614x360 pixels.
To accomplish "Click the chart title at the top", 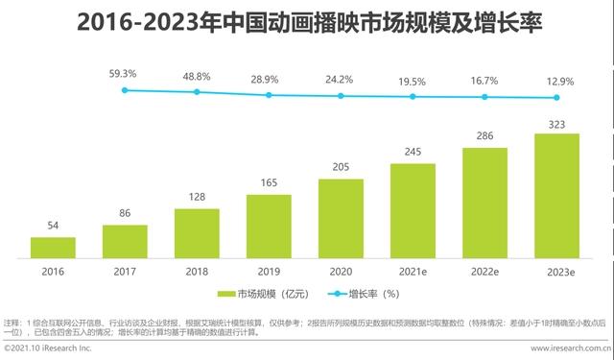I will click(x=307, y=21).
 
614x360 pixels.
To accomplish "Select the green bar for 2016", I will click(x=53, y=247).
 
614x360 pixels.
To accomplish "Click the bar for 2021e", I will click(x=413, y=210).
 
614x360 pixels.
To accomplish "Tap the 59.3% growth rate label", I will click(x=125, y=73).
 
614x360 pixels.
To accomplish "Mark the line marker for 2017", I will click(x=125, y=90).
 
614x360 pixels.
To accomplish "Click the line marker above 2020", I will click(x=341, y=96).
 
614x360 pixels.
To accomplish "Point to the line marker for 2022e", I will click(x=484, y=97).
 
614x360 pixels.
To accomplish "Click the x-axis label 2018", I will click(x=197, y=272).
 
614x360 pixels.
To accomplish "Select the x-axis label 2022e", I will click(x=484, y=272).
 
